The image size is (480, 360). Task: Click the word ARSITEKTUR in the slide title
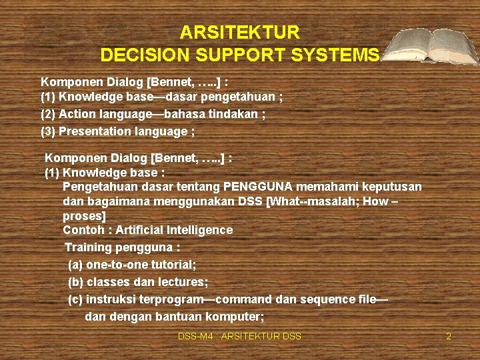(240, 32)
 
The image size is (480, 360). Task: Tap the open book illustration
(431, 47)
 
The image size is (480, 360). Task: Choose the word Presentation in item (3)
(93, 131)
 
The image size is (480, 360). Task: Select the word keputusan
(389, 186)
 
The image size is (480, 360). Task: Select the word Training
(88, 247)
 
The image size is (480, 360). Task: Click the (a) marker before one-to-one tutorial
(75, 265)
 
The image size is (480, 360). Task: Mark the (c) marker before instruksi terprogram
(75, 299)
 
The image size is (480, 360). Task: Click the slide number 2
(449, 336)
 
